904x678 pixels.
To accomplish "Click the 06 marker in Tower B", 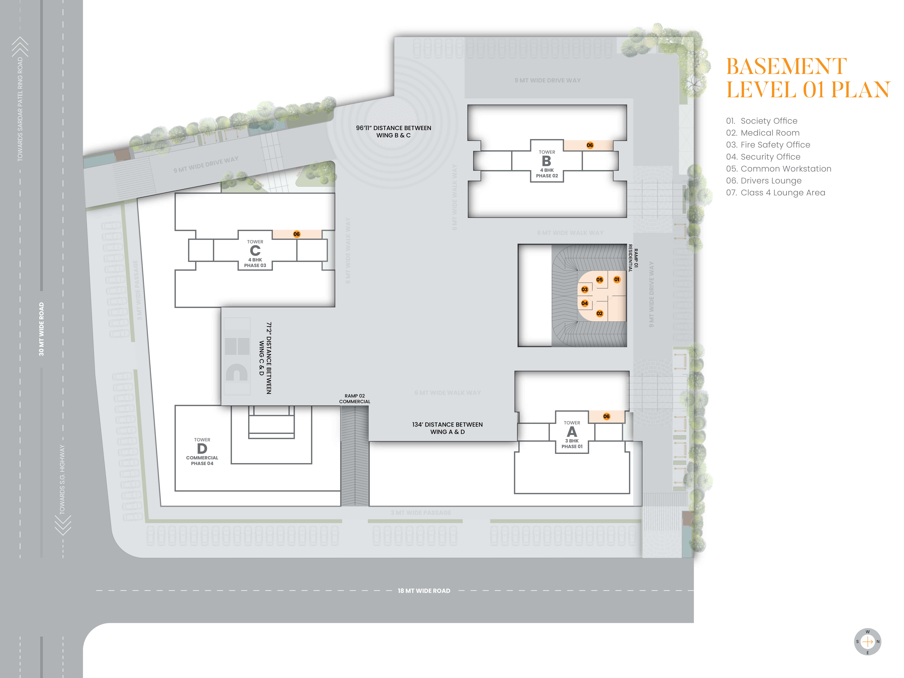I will [590, 145].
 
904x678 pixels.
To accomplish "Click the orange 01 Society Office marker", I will [617, 279].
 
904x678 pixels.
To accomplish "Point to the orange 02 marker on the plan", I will [600, 314].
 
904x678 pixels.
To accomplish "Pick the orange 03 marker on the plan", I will [585, 289].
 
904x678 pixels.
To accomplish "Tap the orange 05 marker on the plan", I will [600, 279].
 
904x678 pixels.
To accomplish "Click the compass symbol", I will [868, 642].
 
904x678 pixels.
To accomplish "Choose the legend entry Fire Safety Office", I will [768, 145].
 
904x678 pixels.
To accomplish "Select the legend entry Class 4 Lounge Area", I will [776, 192].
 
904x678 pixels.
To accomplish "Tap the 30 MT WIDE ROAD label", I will [41, 329].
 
